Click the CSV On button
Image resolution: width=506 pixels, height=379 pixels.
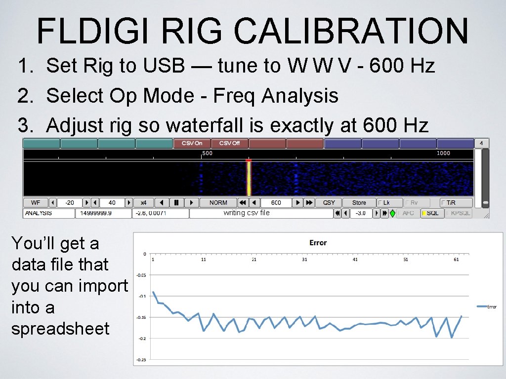click(192, 143)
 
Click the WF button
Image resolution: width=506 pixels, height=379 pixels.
click(36, 203)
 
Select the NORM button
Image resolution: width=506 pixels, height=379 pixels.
click(218, 203)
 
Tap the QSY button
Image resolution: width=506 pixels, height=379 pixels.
click(329, 203)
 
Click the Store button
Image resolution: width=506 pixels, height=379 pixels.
click(359, 203)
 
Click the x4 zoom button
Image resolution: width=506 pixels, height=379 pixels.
click(143, 203)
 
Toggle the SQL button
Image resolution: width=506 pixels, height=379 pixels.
click(431, 213)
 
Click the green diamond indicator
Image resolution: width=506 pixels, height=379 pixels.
click(392, 213)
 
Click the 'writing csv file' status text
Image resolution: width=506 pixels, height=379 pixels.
click(247, 213)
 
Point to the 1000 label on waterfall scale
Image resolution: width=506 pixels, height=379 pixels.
click(443, 153)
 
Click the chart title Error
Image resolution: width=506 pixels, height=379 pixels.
click(318, 243)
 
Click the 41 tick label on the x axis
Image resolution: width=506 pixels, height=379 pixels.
click(355, 260)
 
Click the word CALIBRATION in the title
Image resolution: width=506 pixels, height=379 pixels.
click(351, 31)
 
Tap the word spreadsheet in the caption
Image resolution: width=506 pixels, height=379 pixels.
click(60, 329)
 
